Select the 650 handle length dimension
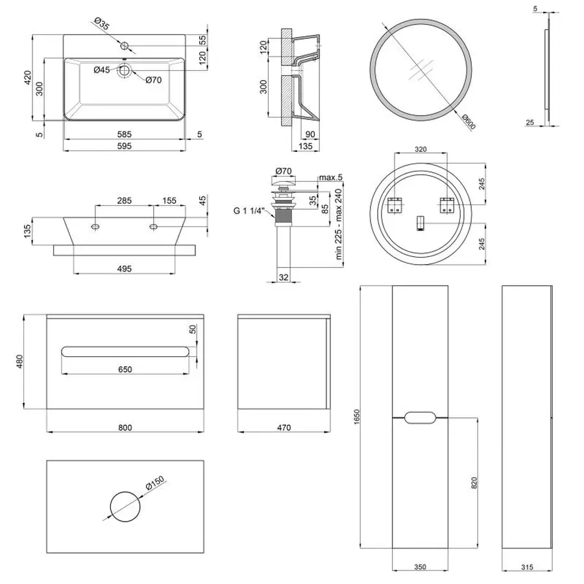pyautogui.click(x=125, y=369)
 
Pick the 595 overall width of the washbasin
pyautogui.click(x=125, y=147)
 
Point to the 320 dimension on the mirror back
pyautogui.click(x=420, y=149)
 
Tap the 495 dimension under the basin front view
pyautogui.click(x=125, y=268)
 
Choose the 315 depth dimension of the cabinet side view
pyautogui.click(x=526, y=567)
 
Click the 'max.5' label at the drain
pyautogui.click(x=330, y=177)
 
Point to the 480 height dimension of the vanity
pyautogui.click(x=19, y=361)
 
